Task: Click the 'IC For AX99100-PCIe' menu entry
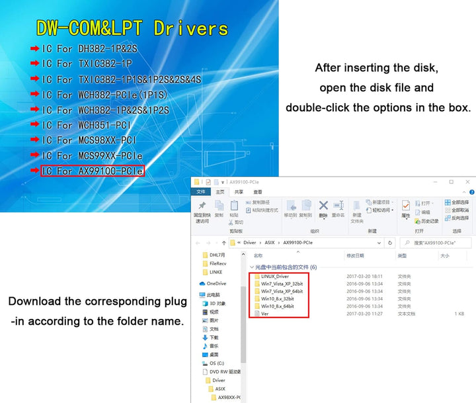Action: [x=93, y=171]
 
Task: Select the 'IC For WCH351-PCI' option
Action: [x=87, y=125]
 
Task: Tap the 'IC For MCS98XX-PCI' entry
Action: [x=89, y=140]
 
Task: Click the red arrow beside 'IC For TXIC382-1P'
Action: [x=34, y=64]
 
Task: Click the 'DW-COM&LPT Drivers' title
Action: [x=132, y=28]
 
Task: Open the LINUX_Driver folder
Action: [x=275, y=276]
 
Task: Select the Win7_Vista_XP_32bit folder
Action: [x=282, y=284]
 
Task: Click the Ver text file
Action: [x=265, y=314]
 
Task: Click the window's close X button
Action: [x=467, y=182]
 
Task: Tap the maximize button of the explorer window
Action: [x=451, y=182]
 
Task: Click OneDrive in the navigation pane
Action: [x=216, y=283]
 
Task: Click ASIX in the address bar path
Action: [x=270, y=242]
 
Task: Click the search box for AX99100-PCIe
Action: [x=436, y=242]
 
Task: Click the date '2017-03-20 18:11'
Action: [x=364, y=276]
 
